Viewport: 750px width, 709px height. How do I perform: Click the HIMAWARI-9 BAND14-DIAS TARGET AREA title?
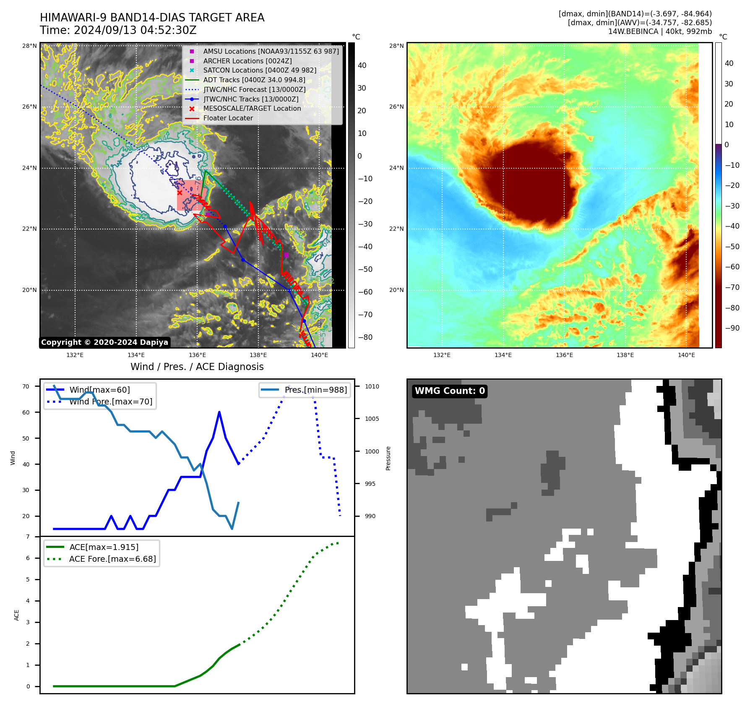click(x=152, y=18)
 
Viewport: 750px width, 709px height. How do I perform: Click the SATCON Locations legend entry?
click(x=260, y=70)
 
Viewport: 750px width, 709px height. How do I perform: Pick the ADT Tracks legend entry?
click(x=254, y=80)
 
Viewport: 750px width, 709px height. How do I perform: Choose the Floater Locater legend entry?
click(x=228, y=118)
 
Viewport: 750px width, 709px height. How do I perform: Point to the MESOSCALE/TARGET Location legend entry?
click(x=252, y=108)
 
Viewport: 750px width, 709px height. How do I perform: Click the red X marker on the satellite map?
click(x=180, y=193)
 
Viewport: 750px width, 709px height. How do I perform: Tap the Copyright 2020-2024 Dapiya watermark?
click(x=104, y=342)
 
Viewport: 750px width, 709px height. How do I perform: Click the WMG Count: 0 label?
click(x=450, y=391)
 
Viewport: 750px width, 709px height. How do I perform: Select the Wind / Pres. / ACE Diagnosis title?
click(x=197, y=367)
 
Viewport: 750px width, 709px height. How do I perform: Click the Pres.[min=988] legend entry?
click(x=315, y=390)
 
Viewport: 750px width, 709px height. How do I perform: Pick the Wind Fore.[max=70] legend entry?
click(x=111, y=401)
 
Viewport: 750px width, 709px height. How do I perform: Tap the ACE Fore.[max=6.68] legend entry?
click(x=112, y=559)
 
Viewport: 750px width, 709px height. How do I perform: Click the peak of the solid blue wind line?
click(x=219, y=412)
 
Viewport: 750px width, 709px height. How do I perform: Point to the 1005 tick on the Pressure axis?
click(x=372, y=419)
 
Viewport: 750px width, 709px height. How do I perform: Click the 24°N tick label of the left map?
click(x=29, y=168)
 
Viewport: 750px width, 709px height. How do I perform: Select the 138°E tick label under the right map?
click(x=625, y=355)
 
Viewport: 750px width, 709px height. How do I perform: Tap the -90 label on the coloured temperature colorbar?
click(x=732, y=328)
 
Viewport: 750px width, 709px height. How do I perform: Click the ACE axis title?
click(x=17, y=615)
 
